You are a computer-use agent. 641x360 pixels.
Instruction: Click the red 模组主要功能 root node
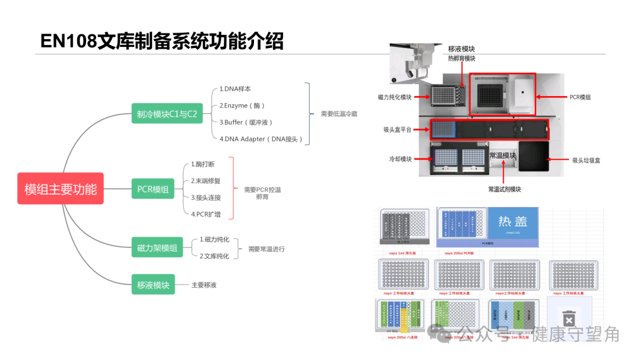61,189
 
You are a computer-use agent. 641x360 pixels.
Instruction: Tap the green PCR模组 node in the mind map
153,189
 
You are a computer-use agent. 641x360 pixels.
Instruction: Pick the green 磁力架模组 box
157,249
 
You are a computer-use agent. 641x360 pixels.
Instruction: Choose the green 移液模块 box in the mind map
153,285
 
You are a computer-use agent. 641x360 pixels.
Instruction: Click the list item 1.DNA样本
235,89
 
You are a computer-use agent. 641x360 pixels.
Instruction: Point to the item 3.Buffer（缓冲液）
246,122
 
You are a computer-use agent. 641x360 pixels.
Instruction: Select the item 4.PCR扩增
205,214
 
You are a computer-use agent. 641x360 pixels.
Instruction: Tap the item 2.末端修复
205,181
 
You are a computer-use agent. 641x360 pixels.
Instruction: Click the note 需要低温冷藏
339,114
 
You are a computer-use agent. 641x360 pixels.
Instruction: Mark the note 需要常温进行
266,249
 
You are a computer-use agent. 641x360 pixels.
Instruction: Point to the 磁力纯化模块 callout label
395,97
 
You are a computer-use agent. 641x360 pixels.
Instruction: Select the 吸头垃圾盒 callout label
586,160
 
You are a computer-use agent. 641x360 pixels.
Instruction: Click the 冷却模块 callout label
400,159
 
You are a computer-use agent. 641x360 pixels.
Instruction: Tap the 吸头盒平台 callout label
398,129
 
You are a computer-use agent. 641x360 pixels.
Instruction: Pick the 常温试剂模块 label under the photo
504,189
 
